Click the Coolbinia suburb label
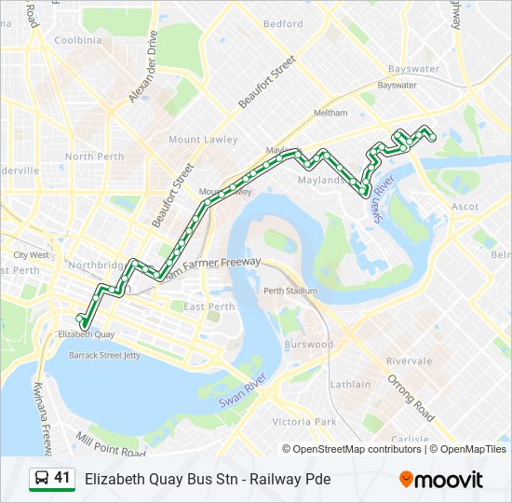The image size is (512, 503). pyautogui.click(x=78, y=40)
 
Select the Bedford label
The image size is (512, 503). pyautogui.click(x=283, y=24)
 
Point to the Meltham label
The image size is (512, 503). pyautogui.click(x=330, y=113)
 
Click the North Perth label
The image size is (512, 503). pyautogui.click(x=93, y=156)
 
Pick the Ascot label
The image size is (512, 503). pyautogui.click(x=464, y=206)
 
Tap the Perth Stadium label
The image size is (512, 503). pyautogui.click(x=290, y=291)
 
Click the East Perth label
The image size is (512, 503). pyautogui.click(x=209, y=306)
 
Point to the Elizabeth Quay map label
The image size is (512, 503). pyautogui.click(x=86, y=333)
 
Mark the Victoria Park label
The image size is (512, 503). pyautogui.click(x=303, y=422)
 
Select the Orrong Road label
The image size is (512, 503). pyautogui.click(x=412, y=395)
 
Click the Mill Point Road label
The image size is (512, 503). pyautogui.click(x=112, y=443)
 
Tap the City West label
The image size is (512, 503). pyautogui.click(x=31, y=254)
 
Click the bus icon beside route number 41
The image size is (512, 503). pyautogui.click(x=41, y=479)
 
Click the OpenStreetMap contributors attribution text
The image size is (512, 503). pyautogui.click(x=358, y=449)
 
